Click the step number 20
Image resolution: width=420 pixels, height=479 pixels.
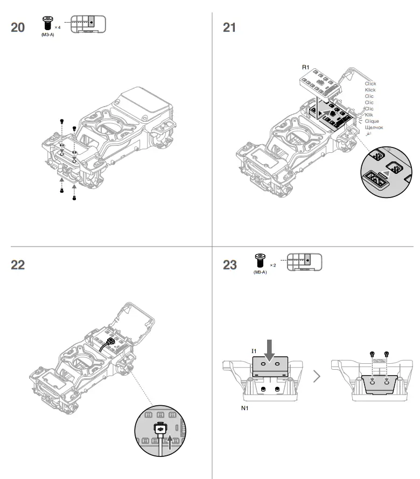(x=18, y=27)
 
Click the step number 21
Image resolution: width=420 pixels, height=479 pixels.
(x=229, y=27)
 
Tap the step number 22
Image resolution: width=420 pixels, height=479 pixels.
(x=18, y=265)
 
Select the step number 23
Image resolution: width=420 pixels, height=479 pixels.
(x=230, y=265)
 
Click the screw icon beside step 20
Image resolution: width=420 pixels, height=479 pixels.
(x=47, y=23)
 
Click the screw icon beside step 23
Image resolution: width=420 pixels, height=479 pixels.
(x=260, y=262)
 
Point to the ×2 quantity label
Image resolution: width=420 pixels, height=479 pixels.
(x=272, y=265)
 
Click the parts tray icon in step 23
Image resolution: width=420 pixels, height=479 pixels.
(x=304, y=262)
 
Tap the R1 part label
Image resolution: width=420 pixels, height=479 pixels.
(x=305, y=67)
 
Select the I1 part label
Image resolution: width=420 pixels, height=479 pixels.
(x=253, y=351)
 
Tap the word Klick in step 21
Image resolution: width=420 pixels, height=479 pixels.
(x=370, y=90)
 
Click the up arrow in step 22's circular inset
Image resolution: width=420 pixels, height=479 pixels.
(x=172, y=442)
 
